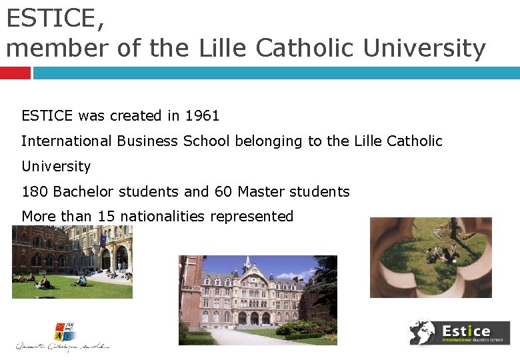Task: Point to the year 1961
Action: click(202, 116)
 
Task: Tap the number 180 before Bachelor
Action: click(35, 192)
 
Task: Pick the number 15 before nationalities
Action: click(107, 217)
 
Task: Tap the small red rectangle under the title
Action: click(15, 73)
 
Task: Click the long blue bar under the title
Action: click(276, 73)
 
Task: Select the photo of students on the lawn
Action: click(72, 261)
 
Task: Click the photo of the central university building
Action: click(257, 300)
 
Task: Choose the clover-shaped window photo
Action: click(431, 257)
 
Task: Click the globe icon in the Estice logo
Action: click(422, 332)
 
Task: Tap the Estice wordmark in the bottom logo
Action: click(466, 330)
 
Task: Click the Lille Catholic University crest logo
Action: click(65, 331)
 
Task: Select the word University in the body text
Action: click(56, 167)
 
